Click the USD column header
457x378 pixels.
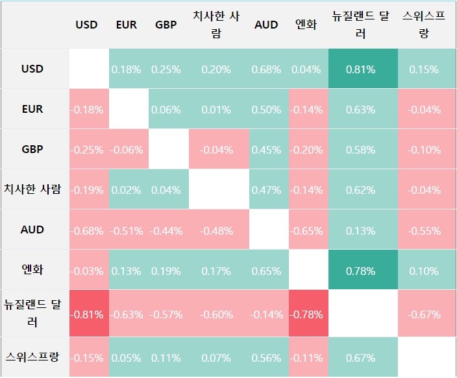point(86,25)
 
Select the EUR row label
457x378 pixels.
point(32,109)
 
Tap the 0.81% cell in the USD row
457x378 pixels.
point(361,69)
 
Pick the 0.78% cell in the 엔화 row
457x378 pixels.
point(361,270)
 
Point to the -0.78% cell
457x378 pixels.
point(306,315)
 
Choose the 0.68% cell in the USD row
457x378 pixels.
point(266,69)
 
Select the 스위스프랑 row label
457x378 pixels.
point(32,357)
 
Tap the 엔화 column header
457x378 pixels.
point(306,25)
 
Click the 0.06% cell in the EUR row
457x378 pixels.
point(166,110)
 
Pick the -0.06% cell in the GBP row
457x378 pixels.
point(127,150)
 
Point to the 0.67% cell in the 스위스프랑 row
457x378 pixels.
point(361,358)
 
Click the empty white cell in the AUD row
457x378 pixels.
point(266,230)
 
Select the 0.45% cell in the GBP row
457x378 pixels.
point(266,150)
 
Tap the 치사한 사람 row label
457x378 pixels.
point(32,189)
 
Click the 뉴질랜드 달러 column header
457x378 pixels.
point(361,25)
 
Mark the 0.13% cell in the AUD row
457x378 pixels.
point(361,230)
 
